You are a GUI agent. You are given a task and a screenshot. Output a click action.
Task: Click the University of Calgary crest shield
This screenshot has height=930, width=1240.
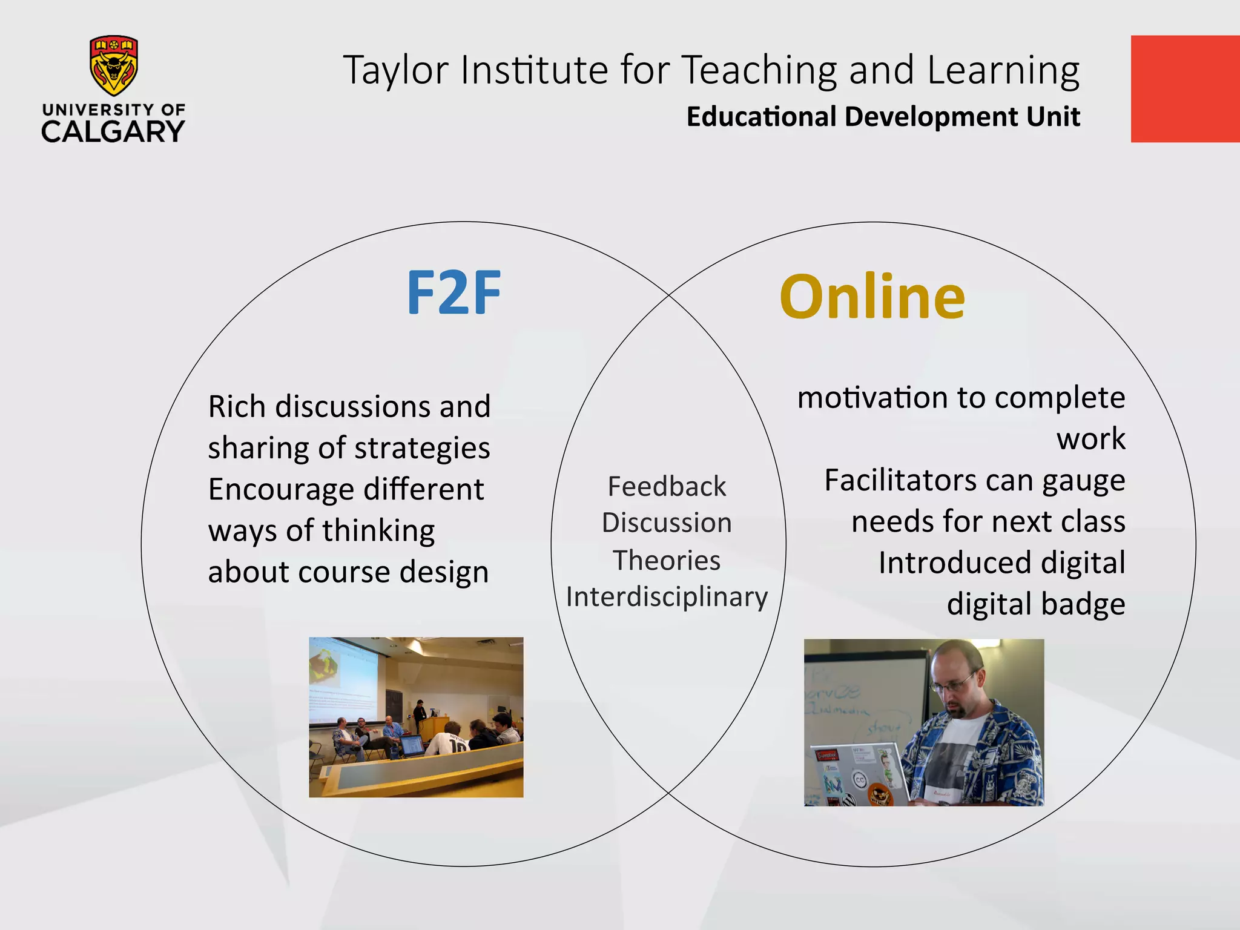pos(114,65)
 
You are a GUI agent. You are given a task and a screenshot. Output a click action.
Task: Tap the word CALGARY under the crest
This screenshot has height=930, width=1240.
pos(113,131)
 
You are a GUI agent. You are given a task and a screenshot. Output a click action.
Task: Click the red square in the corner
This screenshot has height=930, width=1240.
pos(1185,89)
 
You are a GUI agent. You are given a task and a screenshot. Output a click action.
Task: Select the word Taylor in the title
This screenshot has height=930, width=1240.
pos(396,70)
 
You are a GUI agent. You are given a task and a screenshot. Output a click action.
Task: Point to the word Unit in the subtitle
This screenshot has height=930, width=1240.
pos(1053,116)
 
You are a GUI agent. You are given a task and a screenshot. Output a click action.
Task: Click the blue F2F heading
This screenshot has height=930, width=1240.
pos(453,293)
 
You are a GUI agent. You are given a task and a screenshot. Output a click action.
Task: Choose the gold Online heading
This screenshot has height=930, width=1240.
pos(872,297)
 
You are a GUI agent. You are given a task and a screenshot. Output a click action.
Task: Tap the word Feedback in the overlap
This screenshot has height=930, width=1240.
pos(667,486)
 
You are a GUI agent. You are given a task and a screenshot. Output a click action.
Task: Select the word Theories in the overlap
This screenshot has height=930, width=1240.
pos(667,560)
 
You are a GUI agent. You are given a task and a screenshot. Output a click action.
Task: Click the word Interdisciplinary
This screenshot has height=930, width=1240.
pos(667,597)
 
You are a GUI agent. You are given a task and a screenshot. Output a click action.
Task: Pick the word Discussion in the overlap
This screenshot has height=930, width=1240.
pos(667,523)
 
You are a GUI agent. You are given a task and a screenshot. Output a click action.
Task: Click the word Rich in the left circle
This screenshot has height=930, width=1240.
pos(237,406)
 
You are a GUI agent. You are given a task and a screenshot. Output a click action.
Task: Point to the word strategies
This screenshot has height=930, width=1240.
pos(422,449)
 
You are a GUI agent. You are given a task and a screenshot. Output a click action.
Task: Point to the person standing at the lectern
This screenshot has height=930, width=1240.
pos(420,715)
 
